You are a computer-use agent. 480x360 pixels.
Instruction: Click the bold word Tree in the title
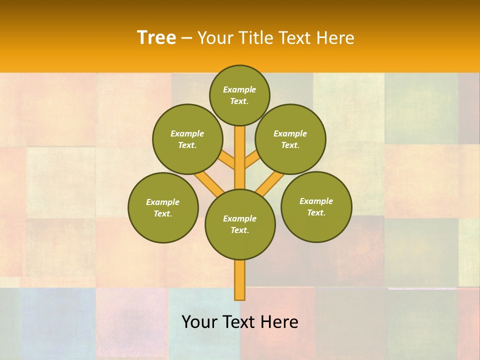pos(156,37)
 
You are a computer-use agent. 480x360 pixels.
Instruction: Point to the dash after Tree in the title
pos(186,38)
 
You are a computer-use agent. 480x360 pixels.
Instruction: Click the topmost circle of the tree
pos(239,95)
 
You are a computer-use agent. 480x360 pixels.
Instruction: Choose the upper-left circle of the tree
pos(187,139)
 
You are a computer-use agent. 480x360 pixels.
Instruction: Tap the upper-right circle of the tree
pos(290,139)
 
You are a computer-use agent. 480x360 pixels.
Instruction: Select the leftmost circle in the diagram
pos(163,207)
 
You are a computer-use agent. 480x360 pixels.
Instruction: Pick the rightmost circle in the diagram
pos(316,206)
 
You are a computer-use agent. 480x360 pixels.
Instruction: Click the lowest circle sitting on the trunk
pos(240,224)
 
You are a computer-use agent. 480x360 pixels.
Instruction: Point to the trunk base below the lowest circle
pos(240,280)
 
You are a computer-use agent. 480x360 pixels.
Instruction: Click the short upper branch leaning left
pos(226,160)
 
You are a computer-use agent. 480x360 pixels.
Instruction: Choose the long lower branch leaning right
pos(270,182)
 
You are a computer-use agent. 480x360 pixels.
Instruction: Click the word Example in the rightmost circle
pos(316,201)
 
